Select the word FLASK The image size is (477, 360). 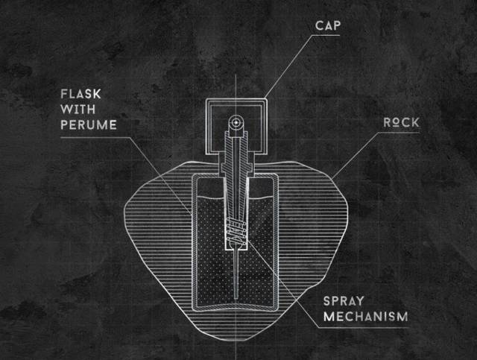click(81, 95)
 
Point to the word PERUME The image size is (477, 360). click(89, 125)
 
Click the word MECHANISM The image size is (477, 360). click(365, 317)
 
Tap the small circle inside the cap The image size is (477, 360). click(235, 121)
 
